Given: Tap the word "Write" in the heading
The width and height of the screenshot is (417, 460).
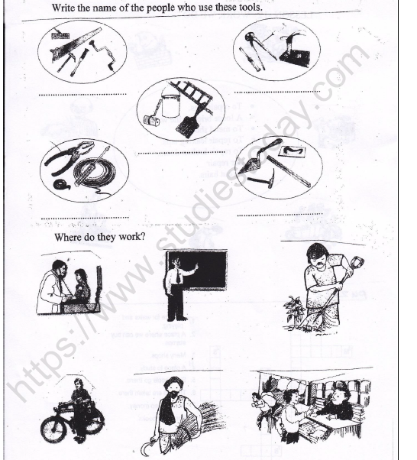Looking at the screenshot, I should click(66, 8).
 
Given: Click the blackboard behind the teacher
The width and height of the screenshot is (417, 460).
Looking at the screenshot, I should click(202, 267).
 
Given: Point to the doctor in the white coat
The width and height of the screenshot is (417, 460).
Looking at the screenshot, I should click(53, 286).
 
